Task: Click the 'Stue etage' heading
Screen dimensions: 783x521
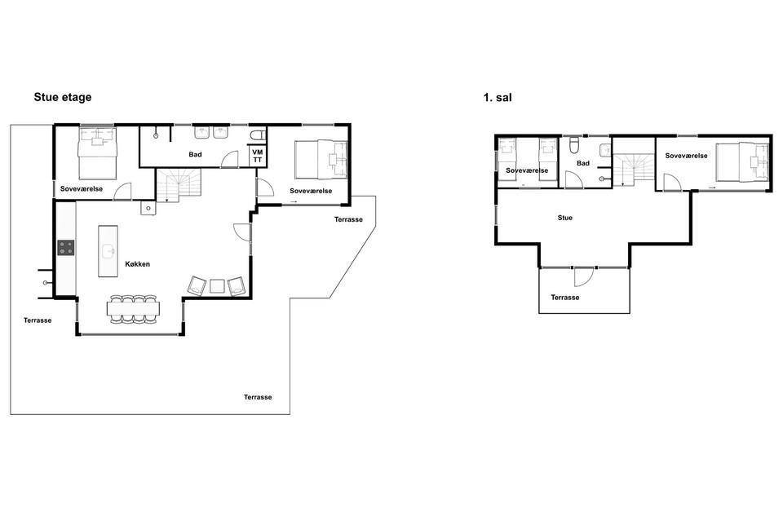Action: click(63, 97)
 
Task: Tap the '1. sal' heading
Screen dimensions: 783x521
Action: click(498, 98)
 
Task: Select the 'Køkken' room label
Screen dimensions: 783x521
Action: click(137, 264)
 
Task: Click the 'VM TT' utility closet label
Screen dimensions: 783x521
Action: click(257, 156)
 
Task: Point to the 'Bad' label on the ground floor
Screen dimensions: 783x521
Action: click(195, 154)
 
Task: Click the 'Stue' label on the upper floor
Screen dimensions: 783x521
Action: click(564, 218)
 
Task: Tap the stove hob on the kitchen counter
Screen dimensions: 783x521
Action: click(66, 248)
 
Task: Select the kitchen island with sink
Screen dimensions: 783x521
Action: click(108, 251)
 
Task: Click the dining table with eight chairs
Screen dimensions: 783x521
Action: click(133, 309)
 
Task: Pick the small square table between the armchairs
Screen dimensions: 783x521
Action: click(217, 286)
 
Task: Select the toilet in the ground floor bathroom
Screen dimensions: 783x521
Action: click(259, 135)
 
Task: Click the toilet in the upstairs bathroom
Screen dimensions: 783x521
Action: click(573, 145)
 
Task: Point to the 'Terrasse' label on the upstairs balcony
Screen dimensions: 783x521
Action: click(564, 298)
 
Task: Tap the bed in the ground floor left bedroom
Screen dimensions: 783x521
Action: click(97, 153)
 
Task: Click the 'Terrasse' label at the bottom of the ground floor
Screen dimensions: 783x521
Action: click(258, 397)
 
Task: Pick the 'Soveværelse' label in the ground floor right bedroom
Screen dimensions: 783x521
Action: click(311, 191)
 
